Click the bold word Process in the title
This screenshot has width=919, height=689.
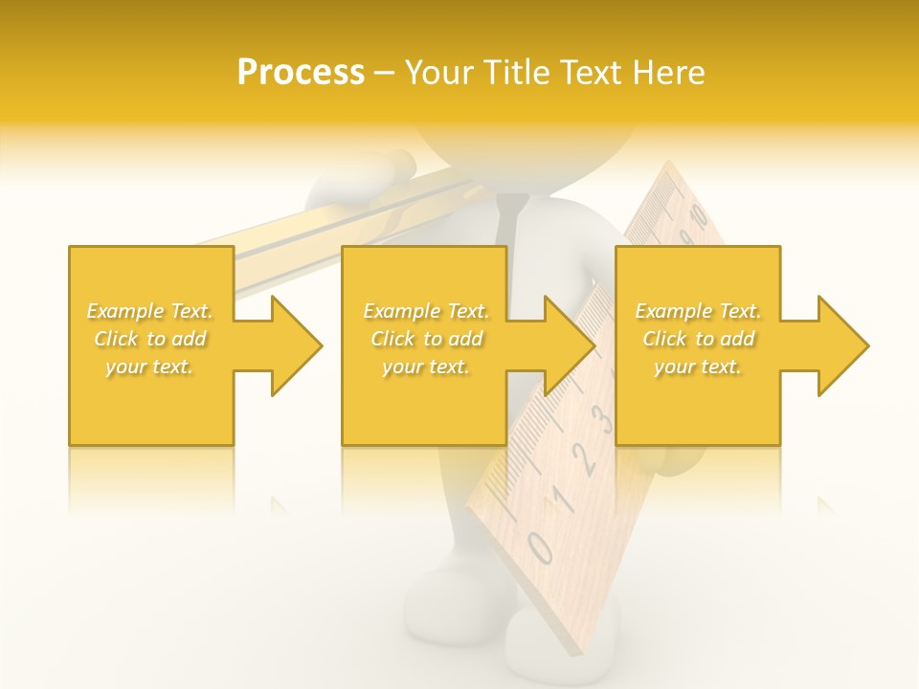point(301,73)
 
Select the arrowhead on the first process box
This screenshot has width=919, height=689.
point(291,345)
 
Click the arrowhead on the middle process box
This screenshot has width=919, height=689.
point(565,345)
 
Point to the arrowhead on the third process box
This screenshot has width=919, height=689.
point(838,345)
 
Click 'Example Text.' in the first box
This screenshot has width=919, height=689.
point(150,311)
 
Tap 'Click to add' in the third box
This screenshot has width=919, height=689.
point(698,339)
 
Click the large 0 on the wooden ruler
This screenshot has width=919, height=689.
point(540,548)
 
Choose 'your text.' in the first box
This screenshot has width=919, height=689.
point(150,367)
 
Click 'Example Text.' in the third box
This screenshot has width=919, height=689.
point(698,311)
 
